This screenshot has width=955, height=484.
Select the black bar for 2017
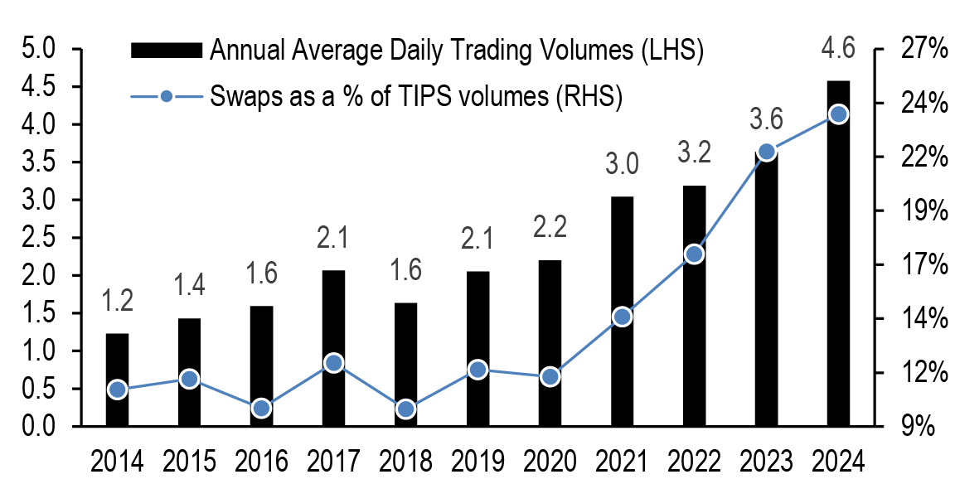pyautogui.click(x=333, y=348)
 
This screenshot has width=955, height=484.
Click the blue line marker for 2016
pyautogui.click(x=261, y=408)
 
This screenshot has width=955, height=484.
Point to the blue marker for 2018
pyautogui.click(x=405, y=409)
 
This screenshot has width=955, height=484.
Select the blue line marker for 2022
pyautogui.click(x=694, y=254)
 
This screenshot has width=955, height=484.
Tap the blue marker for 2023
pyautogui.click(x=766, y=152)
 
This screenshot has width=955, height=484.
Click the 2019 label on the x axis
pyautogui.click(x=477, y=461)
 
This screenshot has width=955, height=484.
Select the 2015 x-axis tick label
pyautogui.click(x=189, y=461)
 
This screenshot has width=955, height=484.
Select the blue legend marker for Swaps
pyautogui.click(x=167, y=96)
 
